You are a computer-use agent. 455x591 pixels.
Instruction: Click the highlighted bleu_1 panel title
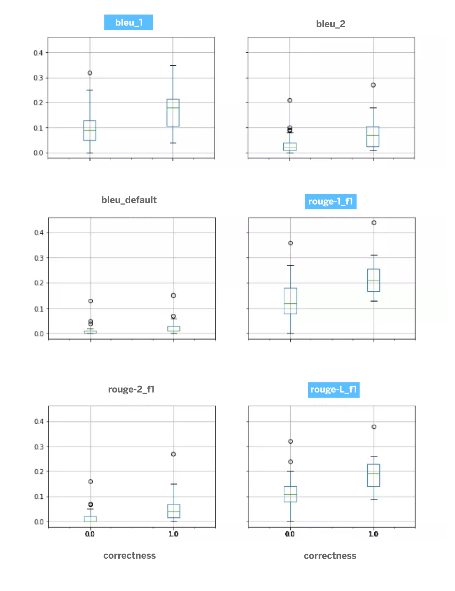128,23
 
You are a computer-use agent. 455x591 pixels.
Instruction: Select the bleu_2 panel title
330,24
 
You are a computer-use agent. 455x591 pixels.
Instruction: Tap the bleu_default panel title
129,200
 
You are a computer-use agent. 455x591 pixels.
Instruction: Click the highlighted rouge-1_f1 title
330,201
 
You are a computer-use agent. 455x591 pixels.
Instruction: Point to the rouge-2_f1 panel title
131,389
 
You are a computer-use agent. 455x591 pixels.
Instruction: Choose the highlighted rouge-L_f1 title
333,390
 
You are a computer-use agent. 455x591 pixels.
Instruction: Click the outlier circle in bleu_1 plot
90,73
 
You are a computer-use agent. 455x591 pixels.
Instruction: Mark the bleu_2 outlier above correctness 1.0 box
373,85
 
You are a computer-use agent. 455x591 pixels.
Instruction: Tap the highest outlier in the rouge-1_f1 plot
374,223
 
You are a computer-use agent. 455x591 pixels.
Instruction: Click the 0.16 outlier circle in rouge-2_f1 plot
91,482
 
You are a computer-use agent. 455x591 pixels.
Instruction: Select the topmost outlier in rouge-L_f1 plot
374,427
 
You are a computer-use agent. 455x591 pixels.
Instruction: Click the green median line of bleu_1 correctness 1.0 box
173,108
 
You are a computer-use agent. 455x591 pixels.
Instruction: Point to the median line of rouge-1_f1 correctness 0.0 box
290,303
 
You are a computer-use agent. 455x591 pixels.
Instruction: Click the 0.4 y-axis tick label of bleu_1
38,53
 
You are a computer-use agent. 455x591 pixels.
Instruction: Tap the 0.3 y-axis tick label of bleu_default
39,258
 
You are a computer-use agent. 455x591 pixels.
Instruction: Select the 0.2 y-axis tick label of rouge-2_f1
39,472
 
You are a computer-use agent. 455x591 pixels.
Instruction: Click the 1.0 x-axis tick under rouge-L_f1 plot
374,534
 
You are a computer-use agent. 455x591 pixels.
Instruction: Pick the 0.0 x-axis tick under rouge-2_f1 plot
90,534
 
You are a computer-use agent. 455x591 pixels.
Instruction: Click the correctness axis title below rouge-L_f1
330,556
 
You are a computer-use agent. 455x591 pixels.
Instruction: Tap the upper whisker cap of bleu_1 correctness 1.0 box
173,65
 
